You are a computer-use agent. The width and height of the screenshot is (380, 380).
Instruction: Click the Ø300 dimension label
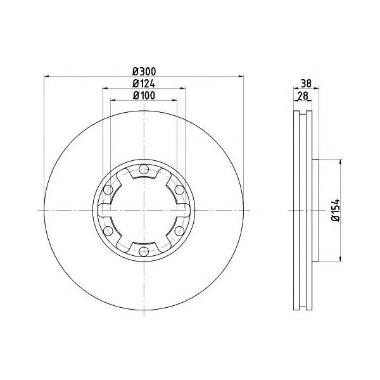tap(144, 72)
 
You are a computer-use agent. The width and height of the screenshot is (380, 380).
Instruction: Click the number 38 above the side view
tap(306, 82)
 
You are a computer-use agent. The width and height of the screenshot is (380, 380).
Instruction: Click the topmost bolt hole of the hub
tap(144, 169)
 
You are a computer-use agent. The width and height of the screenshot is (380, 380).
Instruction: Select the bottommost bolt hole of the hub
tap(144, 253)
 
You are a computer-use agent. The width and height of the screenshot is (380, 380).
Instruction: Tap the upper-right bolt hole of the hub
tap(180, 190)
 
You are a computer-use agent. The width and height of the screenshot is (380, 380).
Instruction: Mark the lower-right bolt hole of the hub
tap(180, 231)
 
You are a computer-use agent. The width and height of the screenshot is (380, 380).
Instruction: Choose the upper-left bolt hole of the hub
tap(108, 190)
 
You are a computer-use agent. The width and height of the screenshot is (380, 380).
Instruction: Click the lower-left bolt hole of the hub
tap(108, 231)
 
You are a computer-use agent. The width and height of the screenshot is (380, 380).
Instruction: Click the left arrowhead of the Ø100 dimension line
tap(114, 101)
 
